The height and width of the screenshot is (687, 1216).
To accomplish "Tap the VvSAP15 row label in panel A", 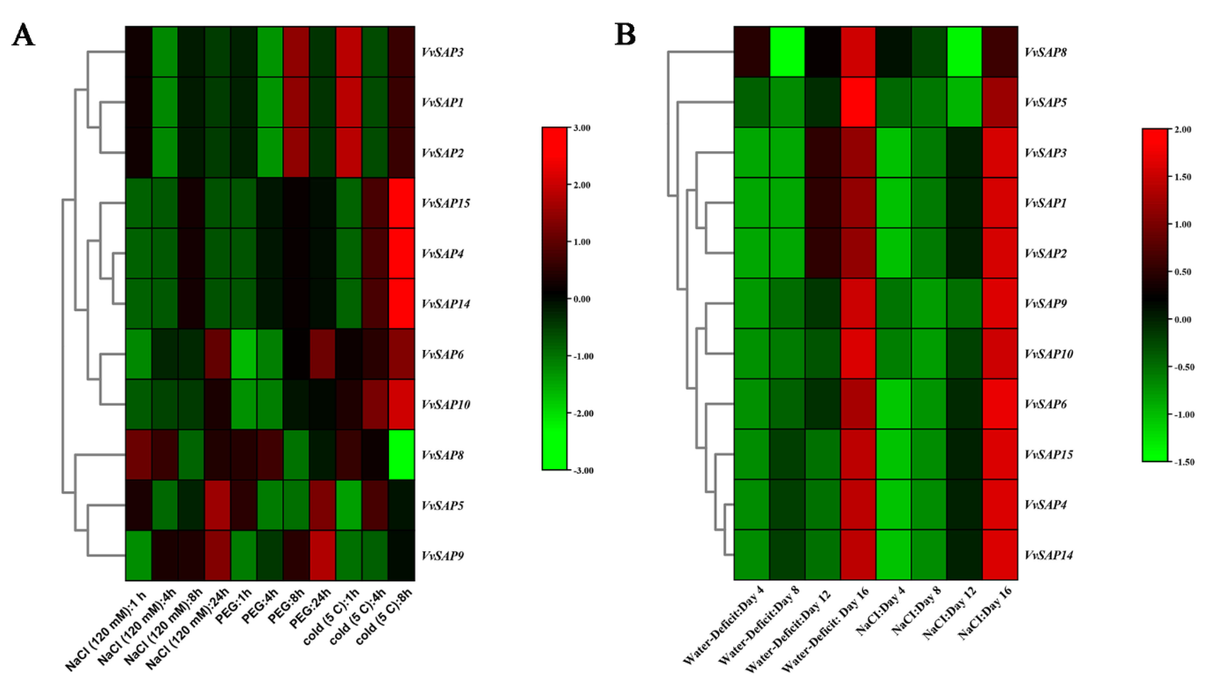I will click(x=446, y=203).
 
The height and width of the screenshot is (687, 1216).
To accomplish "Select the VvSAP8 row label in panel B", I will click(x=1045, y=52).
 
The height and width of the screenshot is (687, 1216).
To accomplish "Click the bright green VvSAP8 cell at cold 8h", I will click(x=401, y=455).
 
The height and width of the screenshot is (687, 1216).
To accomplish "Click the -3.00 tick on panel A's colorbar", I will click(x=582, y=470).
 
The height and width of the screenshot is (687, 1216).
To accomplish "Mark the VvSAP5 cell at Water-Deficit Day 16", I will click(x=858, y=102).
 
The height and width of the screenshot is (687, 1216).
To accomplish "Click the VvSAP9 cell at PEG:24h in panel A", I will click(x=322, y=555).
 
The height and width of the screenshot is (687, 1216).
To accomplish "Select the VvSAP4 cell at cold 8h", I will click(x=401, y=253).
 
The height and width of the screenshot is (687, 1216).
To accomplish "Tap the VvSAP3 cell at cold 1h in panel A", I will click(x=348, y=52).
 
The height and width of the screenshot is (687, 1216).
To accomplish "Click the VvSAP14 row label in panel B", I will click(x=1048, y=555).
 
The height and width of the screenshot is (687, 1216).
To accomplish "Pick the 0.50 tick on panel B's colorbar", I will click(x=1182, y=272).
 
